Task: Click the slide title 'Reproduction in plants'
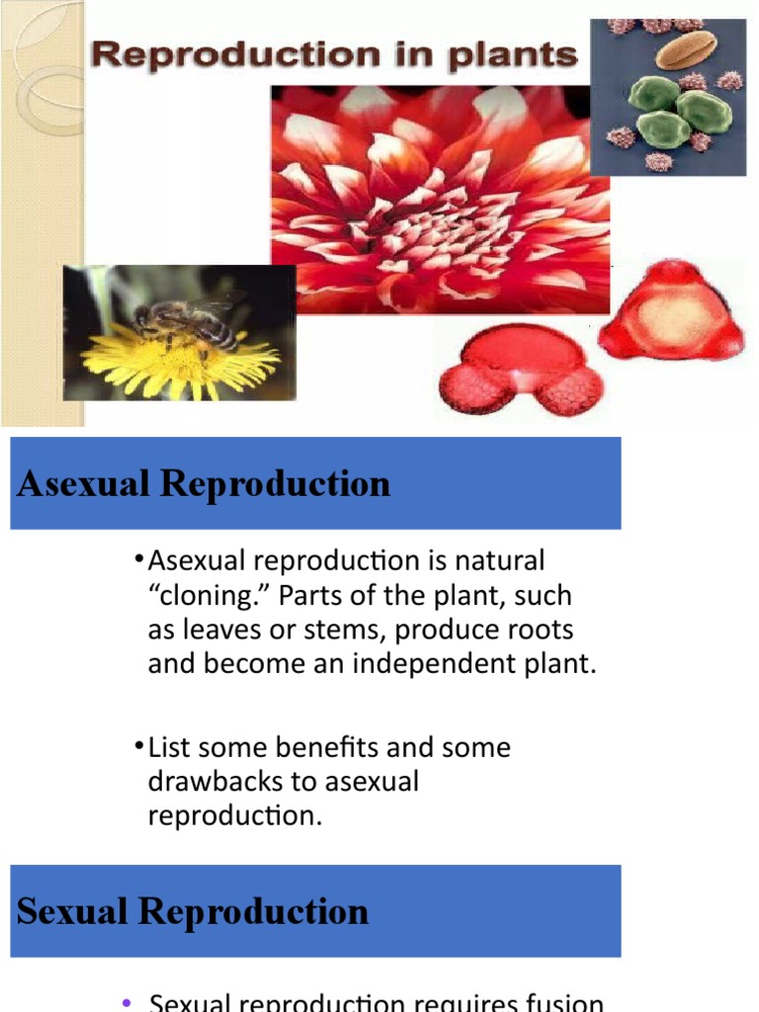333,55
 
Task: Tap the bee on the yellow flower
188,322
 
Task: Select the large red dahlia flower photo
440,198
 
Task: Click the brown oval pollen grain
686,49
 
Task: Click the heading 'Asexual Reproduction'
204,484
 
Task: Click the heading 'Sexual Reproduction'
193,911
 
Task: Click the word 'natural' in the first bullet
499,561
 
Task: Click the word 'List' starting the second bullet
168,747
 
